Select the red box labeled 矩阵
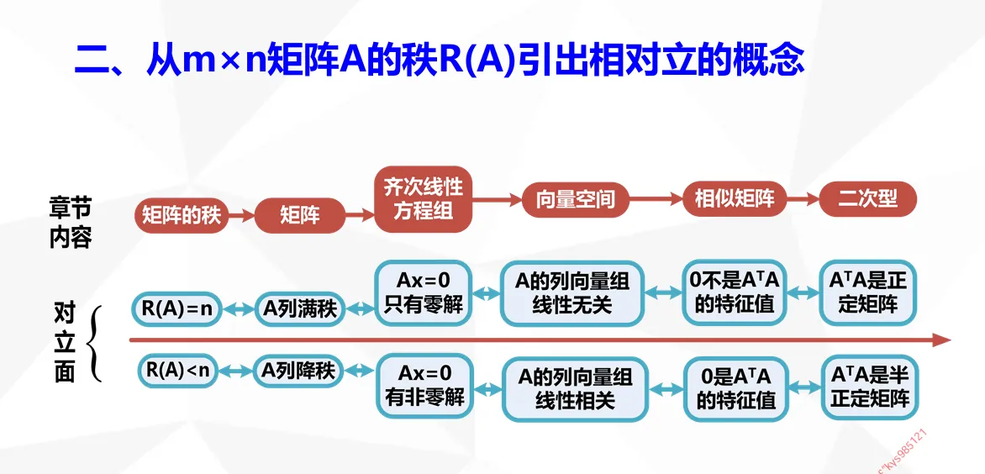300,216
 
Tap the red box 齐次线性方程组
424,199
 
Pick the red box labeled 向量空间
576,199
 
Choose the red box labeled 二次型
867,199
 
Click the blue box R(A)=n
176,309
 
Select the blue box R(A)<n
176,370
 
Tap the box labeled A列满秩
300,309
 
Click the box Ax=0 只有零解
424,292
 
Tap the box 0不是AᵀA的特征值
735,293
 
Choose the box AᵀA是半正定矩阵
870,387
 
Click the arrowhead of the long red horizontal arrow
941,340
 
